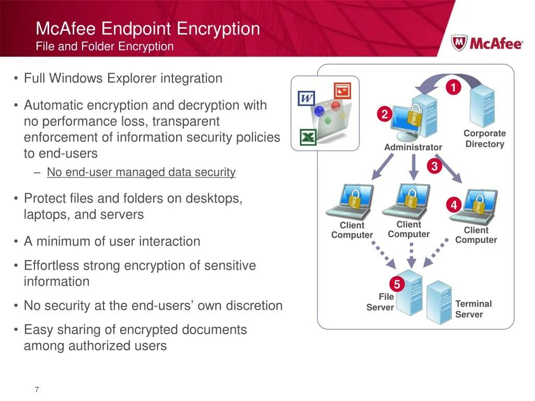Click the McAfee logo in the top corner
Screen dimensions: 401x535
[x=486, y=43]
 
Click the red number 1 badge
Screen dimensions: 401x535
[x=453, y=88]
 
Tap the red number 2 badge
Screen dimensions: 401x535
[x=384, y=114]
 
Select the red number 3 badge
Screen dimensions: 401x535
[x=434, y=167]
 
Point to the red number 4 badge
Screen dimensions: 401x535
[x=453, y=205]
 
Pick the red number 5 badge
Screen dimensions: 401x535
[x=397, y=285]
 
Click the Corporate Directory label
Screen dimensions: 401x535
[x=484, y=139]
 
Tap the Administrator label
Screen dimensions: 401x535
[x=413, y=147]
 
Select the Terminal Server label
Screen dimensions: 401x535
[x=473, y=309]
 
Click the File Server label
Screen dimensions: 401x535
[x=381, y=302]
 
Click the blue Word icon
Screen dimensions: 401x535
[x=306, y=98]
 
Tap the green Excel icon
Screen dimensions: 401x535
[x=308, y=137]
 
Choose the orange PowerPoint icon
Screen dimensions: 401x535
[x=342, y=91]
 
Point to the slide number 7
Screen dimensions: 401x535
[x=37, y=390]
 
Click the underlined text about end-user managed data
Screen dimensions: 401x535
[x=141, y=172]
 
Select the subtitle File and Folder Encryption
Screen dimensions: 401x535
[x=104, y=46]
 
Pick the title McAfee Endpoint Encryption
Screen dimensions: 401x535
[x=148, y=29]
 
